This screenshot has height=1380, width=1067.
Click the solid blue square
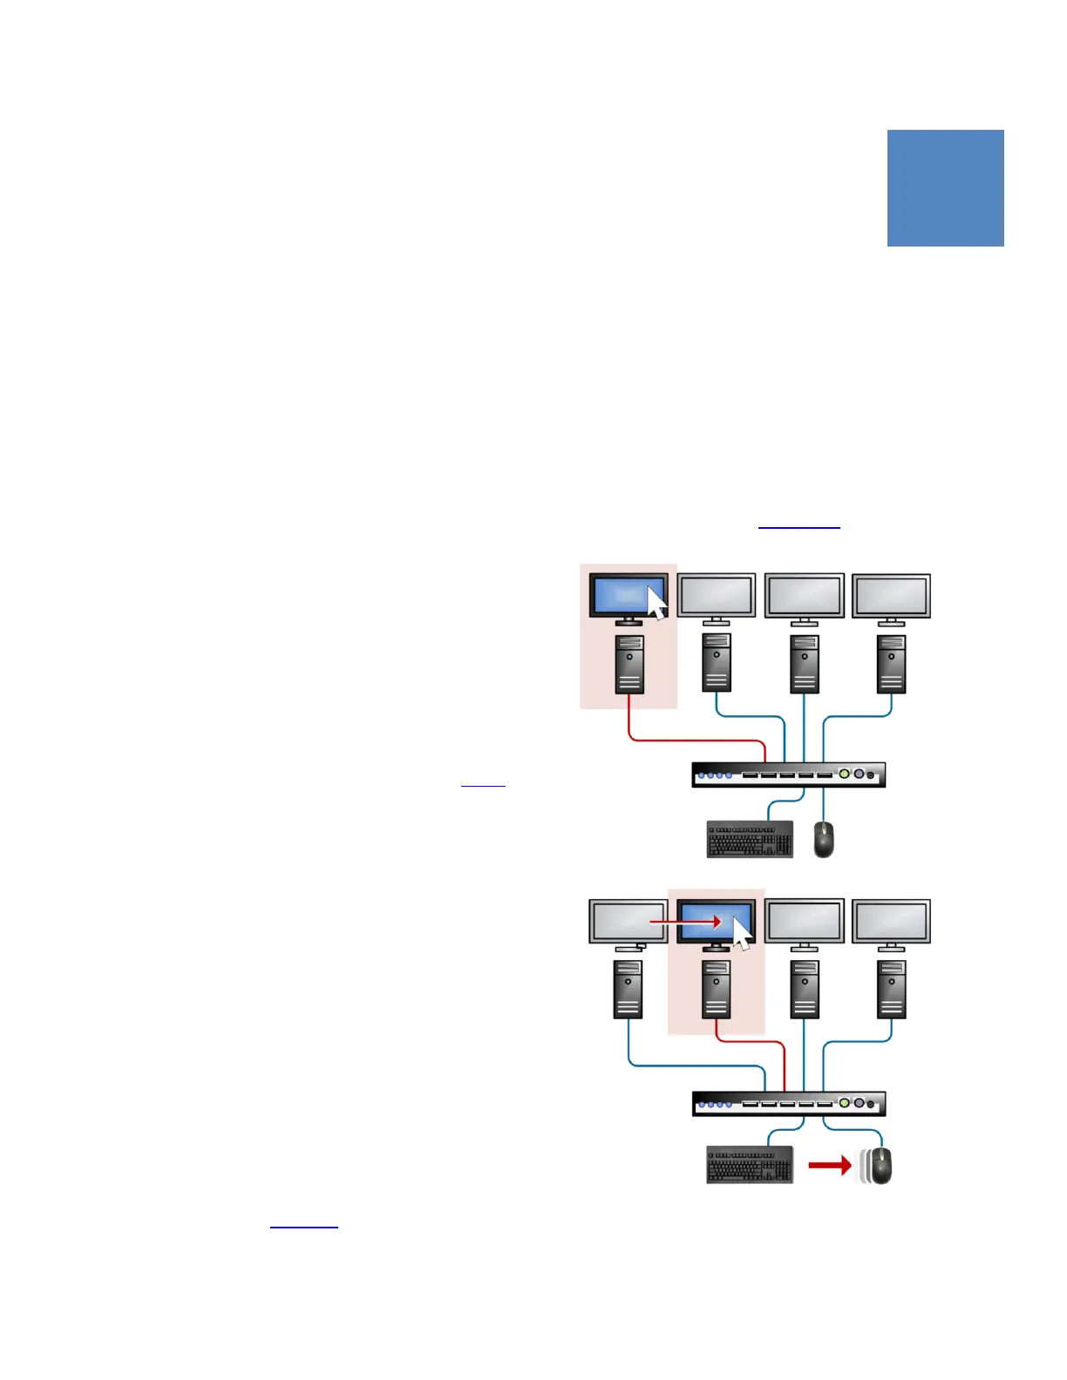[x=945, y=187]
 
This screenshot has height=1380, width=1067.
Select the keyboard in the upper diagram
[x=750, y=839]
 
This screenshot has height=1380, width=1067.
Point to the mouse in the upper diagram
[x=823, y=839]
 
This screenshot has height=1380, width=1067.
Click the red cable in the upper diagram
[x=680, y=741]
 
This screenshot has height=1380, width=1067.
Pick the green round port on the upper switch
[x=843, y=774]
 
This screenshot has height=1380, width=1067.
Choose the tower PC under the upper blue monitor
[x=629, y=664]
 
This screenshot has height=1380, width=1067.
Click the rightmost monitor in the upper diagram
[x=891, y=598]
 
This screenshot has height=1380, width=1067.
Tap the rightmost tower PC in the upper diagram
[x=891, y=664]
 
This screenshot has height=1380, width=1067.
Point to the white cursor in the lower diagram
[x=743, y=933]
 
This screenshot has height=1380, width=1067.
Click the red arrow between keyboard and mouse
[x=829, y=1166]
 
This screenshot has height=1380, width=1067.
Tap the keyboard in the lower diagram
[x=750, y=1165]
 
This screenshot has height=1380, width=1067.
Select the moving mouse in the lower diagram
[x=880, y=1166]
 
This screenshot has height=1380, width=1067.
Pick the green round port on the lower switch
[x=843, y=1103]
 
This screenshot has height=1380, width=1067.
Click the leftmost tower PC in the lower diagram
[x=629, y=989]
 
